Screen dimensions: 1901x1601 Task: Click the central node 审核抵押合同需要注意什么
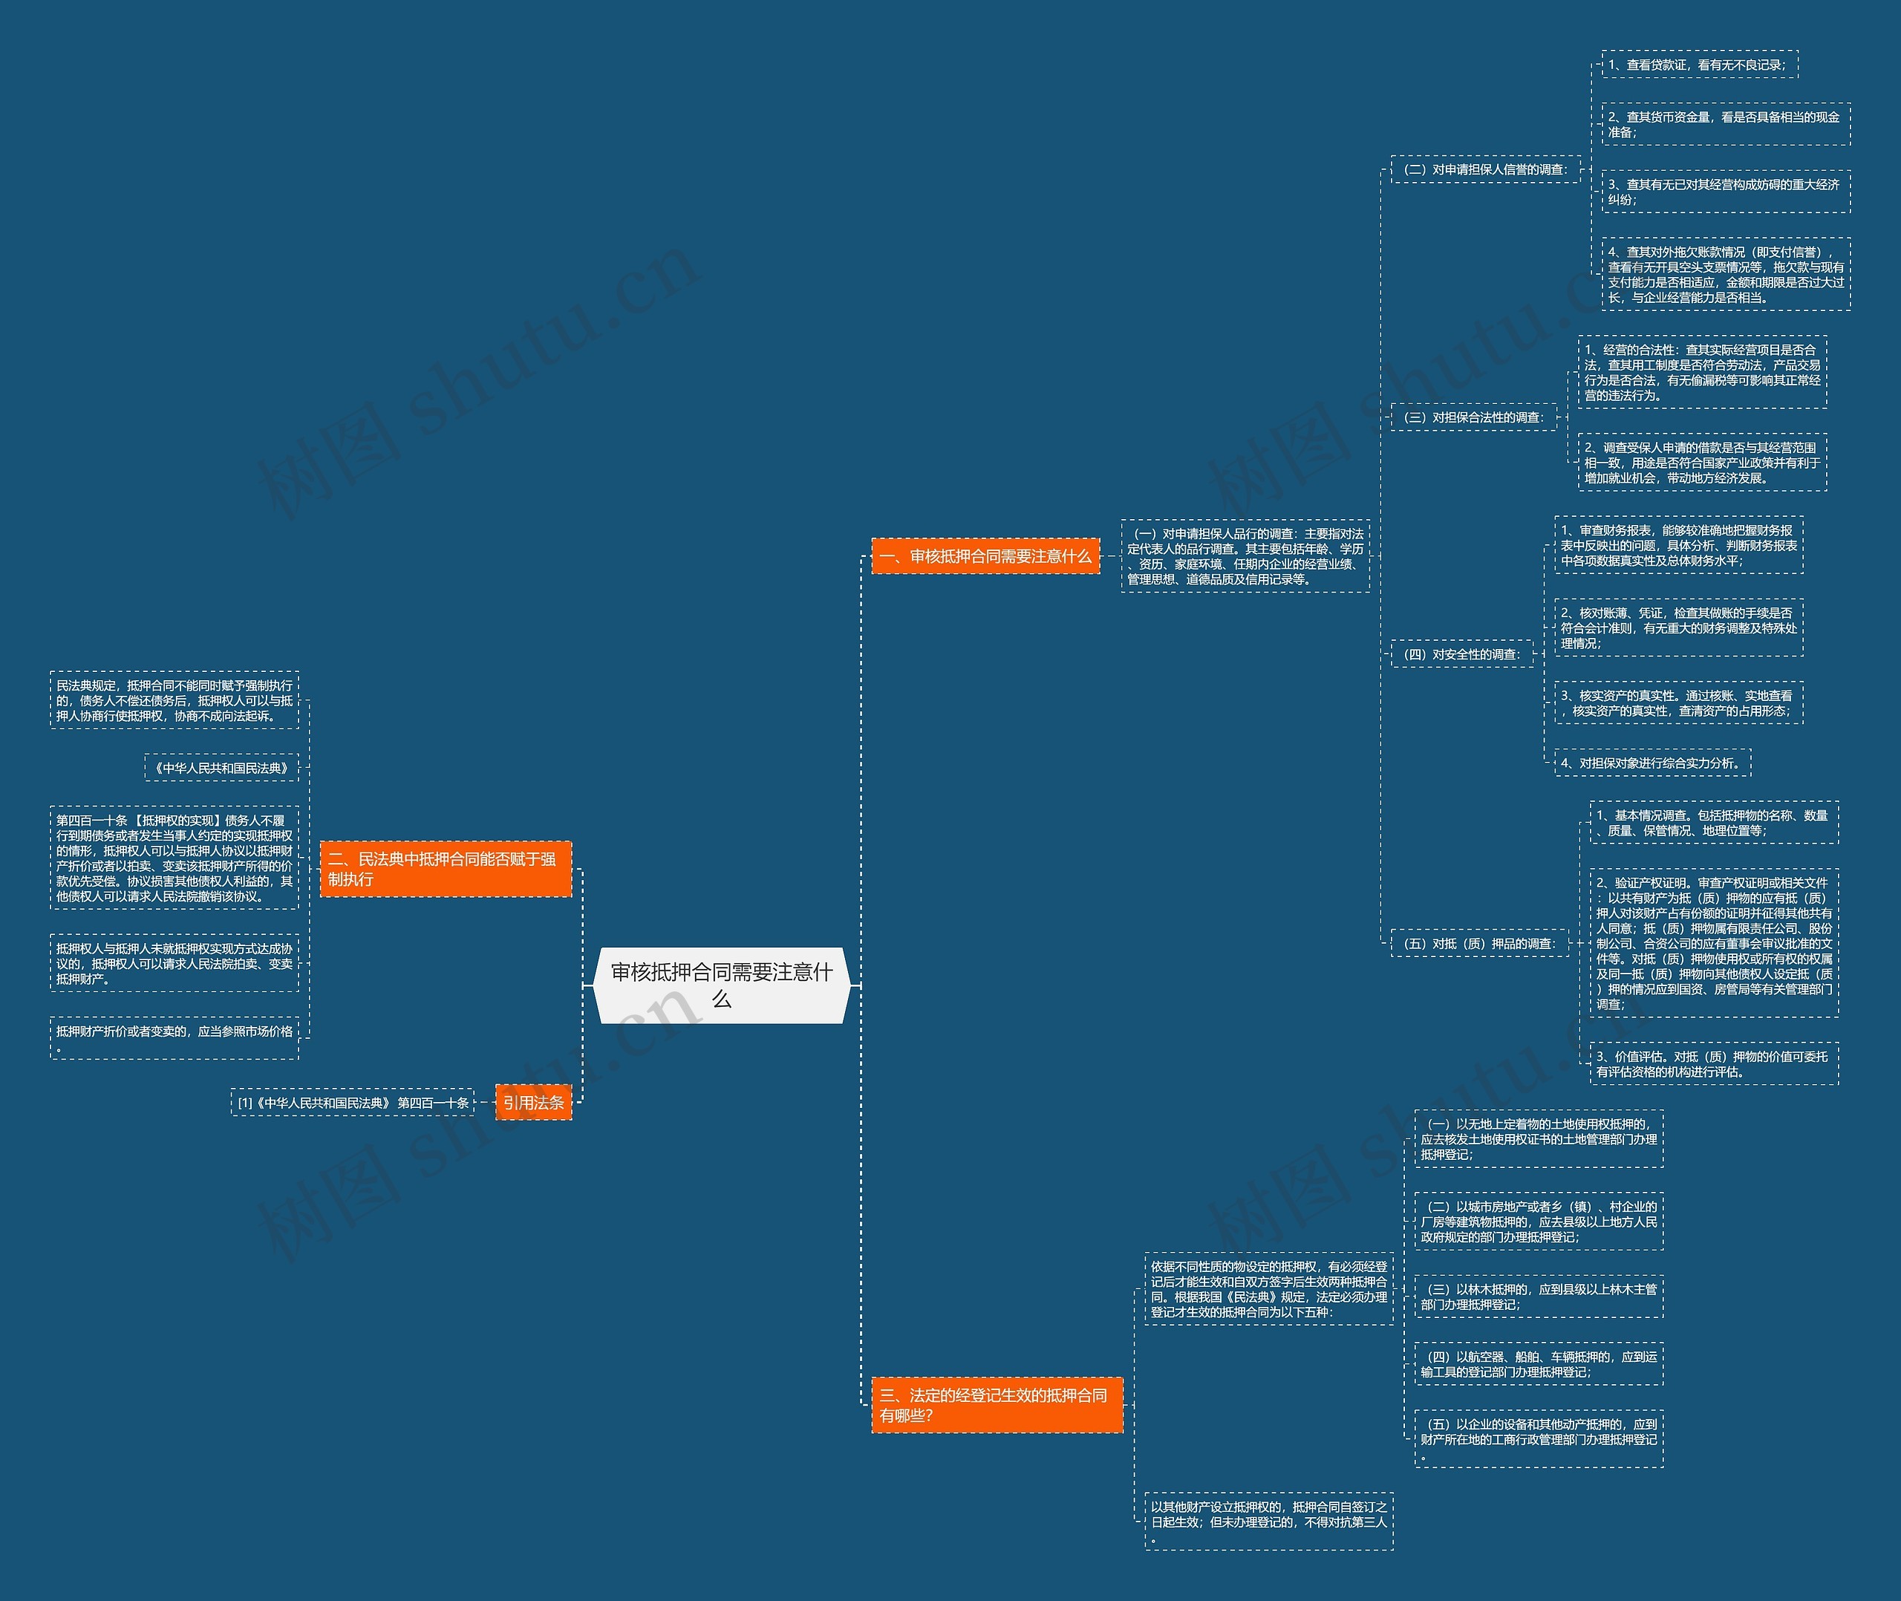(721, 985)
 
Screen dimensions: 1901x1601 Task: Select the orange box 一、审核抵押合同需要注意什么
(985, 556)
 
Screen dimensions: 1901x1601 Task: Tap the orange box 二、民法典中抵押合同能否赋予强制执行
(446, 869)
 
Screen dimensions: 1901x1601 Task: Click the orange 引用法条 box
(534, 1103)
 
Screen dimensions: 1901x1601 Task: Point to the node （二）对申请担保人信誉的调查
(1485, 170)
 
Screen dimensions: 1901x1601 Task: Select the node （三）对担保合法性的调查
(1473, 417)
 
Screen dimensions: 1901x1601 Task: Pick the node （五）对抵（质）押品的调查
(1479, 943)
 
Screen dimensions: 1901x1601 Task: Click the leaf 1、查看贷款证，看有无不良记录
(1699, 65)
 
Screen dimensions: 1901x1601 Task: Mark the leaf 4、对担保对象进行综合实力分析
(1652, 763)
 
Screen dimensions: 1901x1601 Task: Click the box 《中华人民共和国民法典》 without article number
(221, 768)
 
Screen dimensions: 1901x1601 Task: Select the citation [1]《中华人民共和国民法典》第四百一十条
(352, 1103)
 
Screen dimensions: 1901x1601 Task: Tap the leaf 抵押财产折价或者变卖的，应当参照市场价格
(175, 1038)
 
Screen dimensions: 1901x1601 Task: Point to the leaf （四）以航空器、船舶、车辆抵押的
(1538, 1363)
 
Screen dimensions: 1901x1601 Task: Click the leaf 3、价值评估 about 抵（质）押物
(1713, 1063)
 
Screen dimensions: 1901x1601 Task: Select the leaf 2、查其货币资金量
(1725, 124)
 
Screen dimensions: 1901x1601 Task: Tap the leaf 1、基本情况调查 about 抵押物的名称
(1713, 824)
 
